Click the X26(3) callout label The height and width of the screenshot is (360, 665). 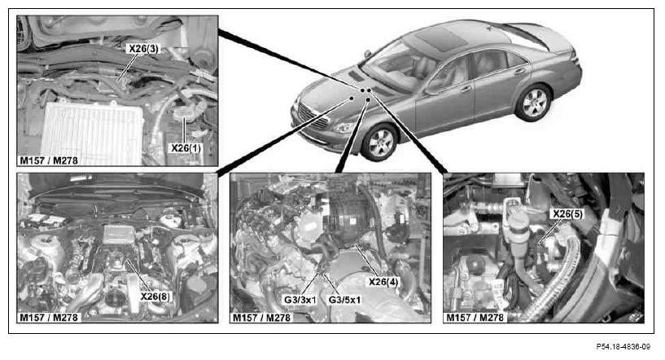(144, 49)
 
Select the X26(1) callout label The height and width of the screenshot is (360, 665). (186, 148)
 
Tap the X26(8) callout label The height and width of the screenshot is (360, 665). (155, 296)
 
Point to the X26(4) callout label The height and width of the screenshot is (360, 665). (383, 282)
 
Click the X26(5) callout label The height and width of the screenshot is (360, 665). (567, 214)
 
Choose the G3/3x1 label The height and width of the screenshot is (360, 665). (300, 300)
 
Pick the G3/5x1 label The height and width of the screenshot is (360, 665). (344, 300)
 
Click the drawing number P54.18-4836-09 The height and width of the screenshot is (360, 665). (623, 347)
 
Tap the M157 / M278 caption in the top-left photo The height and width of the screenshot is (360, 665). (49, 160)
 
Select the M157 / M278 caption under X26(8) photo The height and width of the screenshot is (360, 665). (49, 318)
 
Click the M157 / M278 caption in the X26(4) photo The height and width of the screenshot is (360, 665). (261, 318)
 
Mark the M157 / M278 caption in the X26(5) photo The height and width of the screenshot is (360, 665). (475, 318)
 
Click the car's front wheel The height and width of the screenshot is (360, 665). (378, 143)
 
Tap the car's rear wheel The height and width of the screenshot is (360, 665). (533, 103)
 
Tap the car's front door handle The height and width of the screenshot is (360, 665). (466, 89)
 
